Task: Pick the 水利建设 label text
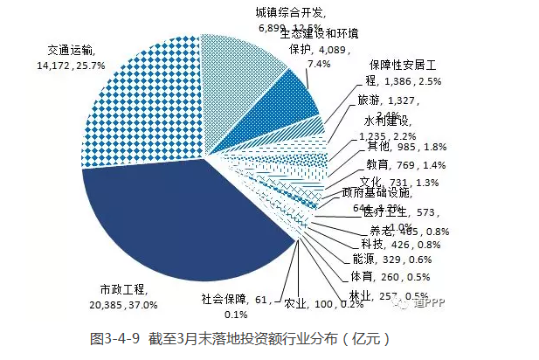pos(384,120)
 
